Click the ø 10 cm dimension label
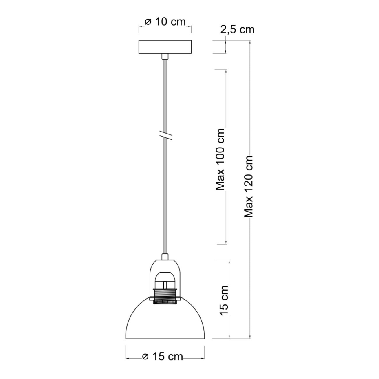[x=165, y=22]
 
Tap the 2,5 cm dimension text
[x=237, y=29]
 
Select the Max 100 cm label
[x=220, y=159]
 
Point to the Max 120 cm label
[x=248, y=187]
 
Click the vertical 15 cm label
[x=224, y=301]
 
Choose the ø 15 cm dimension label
[x=163, y=357]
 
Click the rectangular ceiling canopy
[x=165, y=47]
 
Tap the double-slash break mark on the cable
[x=165, y=136]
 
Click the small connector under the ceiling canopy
[x=165, y=57]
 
